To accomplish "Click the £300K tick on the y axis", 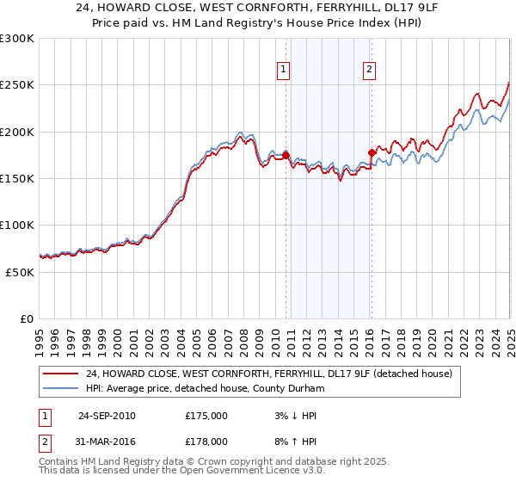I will coord(17,39).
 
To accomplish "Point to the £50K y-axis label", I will coord(19,272).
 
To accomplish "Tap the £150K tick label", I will coord(17,179).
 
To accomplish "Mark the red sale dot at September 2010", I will coord(286,155).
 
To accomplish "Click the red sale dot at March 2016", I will coord(372,152).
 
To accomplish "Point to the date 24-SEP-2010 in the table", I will coord(107,416).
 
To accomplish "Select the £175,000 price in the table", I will coord(206,416).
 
